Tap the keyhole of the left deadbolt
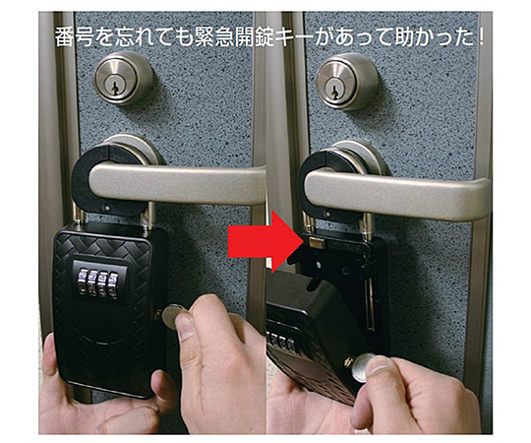click(115, 88)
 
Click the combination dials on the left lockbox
click(98, 284)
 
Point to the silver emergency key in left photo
click(173, 316)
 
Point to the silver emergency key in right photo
click(362, 368)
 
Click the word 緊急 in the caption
click(214, 37)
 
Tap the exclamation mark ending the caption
click(480, 37)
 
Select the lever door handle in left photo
click(176, 182)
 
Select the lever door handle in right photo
click(396, 193)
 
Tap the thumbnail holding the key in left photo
click(185, 326)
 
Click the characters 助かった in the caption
click(435, 37)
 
